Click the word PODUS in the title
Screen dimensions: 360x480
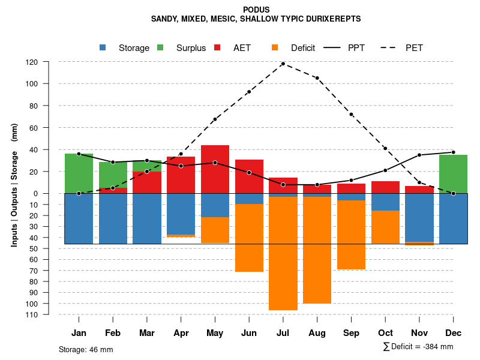click(x=256, y=10)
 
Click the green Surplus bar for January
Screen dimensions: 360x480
click(x=79, y=173)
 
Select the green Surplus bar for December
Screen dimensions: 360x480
click(x=453, y=174)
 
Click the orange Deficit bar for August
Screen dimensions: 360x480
click(x=317, y=250)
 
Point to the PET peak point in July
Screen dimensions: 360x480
click(x=283, y=64)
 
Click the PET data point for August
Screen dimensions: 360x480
click(x=317, y=78)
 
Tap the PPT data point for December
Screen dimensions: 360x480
click(x=453, y=152)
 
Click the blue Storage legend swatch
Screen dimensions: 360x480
click(x=103, y=48)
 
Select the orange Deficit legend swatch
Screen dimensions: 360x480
click(x=275, y=48)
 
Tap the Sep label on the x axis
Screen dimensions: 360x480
click(x=351, y=333)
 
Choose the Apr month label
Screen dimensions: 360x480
click(x=181, y=333)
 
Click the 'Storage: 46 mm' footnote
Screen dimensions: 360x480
click(x=86, y=349)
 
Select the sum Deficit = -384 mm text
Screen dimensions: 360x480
click(x=418, y=347)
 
